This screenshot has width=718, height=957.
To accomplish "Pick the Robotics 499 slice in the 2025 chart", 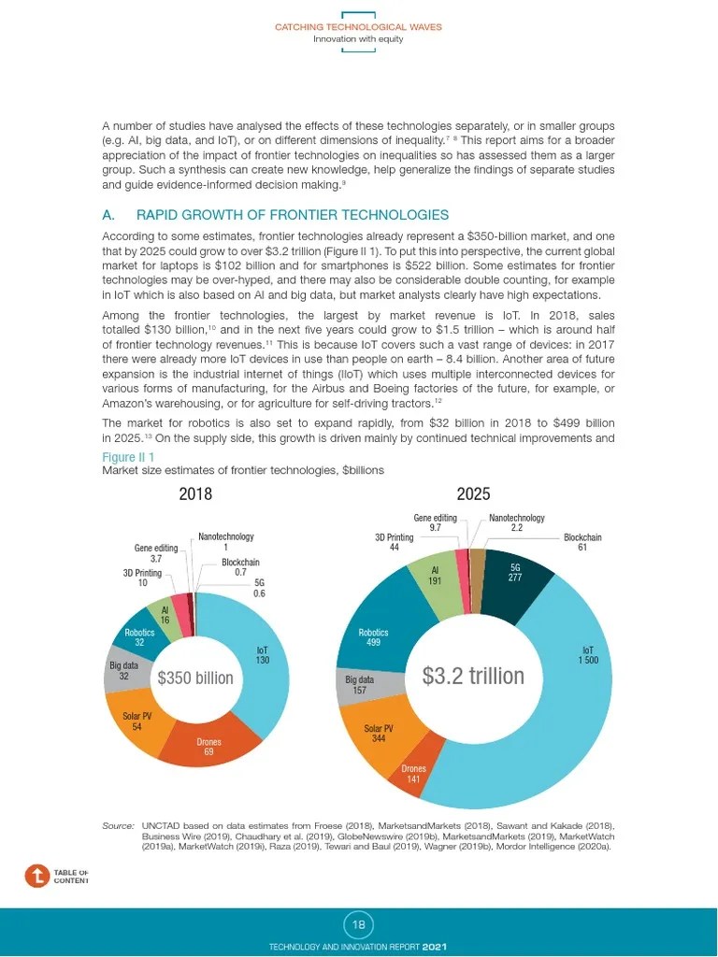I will [373, 637].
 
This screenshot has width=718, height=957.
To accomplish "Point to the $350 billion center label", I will [195, 678].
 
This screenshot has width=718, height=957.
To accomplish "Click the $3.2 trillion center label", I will [472, 676].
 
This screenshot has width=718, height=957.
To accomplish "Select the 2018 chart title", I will [195, 494].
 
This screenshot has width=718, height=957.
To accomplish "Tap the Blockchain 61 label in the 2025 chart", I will [582, 543].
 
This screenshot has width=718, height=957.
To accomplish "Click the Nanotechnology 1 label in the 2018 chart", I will [226, 542].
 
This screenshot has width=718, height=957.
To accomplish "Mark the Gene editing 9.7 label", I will [436, 523].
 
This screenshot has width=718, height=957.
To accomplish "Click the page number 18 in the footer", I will [359, 925].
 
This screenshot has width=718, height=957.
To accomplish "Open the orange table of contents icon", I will [36, 876].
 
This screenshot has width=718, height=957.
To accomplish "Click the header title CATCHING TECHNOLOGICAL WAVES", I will [358, 27].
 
